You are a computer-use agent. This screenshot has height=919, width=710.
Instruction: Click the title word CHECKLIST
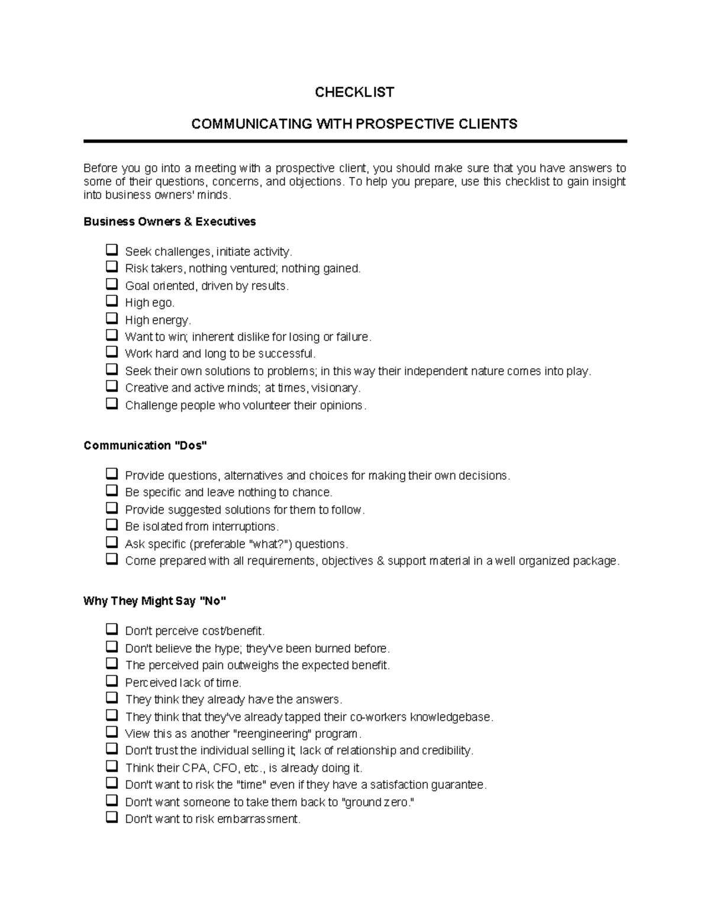point(354,92)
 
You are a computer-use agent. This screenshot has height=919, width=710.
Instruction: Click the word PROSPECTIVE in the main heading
point(404,124)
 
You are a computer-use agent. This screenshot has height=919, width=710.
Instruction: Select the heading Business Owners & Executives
point(170,222)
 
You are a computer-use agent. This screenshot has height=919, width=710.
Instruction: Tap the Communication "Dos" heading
point(145,446)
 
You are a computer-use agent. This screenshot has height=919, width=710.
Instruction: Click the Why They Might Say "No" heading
point(155,601)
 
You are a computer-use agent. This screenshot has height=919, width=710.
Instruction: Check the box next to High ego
point(112,301)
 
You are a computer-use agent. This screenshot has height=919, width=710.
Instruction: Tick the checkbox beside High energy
point(112,318)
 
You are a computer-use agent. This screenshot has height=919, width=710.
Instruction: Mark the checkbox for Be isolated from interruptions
point(112,525)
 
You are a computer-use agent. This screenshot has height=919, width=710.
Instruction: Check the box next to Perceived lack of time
point(112,681)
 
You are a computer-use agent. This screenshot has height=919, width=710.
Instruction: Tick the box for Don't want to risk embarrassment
point(112,818)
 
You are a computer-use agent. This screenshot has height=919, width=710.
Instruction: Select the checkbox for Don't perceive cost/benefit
point(112,630)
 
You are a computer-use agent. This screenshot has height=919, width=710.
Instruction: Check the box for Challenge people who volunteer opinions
point(112,404)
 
